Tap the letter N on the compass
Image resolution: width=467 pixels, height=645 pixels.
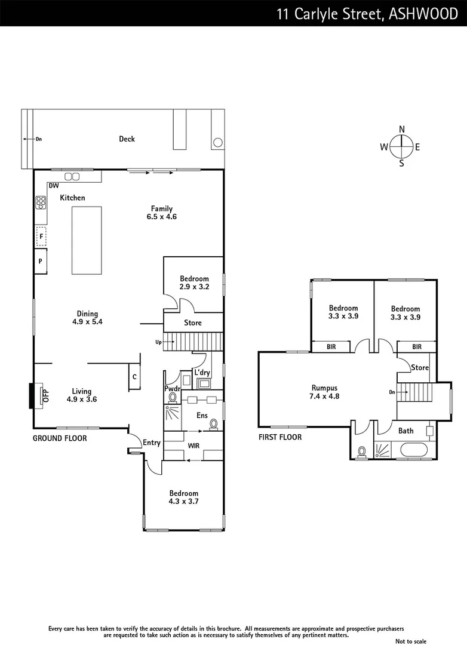402,129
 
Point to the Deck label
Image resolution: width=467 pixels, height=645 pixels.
127,139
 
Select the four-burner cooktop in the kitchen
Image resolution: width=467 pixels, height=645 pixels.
41,203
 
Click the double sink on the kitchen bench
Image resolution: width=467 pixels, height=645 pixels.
72,176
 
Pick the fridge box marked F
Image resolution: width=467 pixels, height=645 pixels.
41,236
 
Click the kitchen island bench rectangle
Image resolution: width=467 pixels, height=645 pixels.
87,239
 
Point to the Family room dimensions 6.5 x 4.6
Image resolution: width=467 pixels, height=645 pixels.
162,217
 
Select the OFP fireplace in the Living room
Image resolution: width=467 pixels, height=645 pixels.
43,395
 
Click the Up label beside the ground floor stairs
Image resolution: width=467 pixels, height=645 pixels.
158,342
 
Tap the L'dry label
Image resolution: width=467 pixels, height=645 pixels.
201,371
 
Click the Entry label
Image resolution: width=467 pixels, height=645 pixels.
152,443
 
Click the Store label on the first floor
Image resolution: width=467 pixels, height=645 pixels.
420,368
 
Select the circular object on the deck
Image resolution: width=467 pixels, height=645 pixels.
218,142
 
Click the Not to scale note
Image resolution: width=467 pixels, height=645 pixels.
428,641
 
